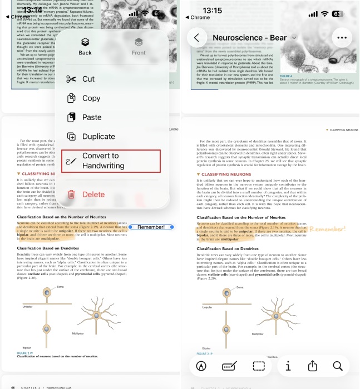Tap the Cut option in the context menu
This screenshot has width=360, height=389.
click(88, 79)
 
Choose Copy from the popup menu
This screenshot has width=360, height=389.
click(91, 98)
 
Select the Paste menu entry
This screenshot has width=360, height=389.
click(92, 117)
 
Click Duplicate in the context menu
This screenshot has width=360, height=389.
click(98, 137)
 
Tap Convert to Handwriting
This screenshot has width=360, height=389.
click(110, 161)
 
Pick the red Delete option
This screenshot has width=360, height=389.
click(93, 194)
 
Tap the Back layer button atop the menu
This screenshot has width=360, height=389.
click(85, 46)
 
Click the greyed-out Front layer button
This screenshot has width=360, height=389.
click(139, 46)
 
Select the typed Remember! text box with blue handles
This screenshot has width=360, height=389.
click(151, 227)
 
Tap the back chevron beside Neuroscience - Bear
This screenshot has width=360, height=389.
click(196, 38)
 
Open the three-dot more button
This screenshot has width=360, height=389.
click(342, 38)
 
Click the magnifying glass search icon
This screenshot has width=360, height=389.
click(337, 366)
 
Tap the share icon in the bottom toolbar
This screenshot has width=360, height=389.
click(313, 366)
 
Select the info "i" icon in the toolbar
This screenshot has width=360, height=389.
click(288, 366)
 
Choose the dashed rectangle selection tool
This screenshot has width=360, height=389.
click(258, 366)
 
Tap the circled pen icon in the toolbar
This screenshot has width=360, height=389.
click(201, 366)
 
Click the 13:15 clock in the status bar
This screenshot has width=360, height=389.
click(212, 11)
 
